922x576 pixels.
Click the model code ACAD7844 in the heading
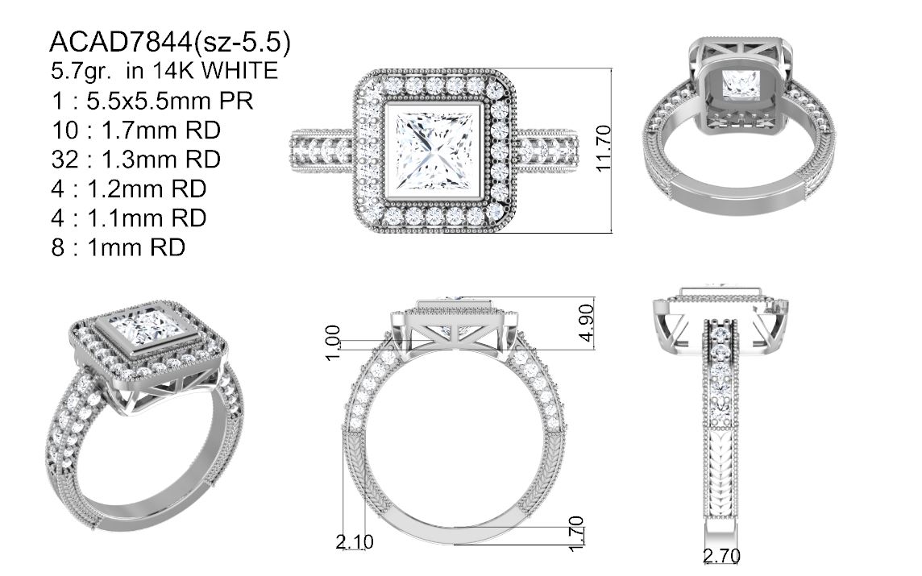pos(121,42)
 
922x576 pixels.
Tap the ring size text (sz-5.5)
pos(243,43)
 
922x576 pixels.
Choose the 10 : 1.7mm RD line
pos(136,130)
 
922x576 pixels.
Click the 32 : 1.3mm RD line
pos(136,160)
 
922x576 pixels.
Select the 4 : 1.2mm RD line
pos(129,189)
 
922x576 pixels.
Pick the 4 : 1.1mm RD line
pos(129,218)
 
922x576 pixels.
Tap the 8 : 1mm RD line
pos(118,247)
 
